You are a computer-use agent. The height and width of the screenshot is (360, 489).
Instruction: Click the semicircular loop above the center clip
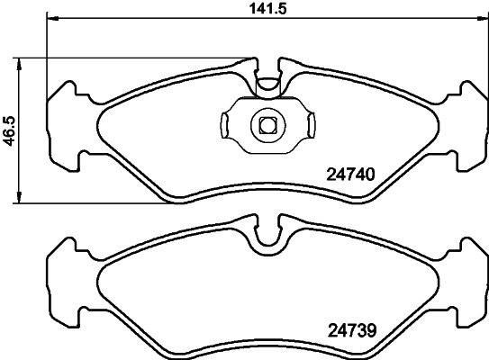(x=266, y=85)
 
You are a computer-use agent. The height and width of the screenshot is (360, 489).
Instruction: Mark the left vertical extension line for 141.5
(x=45, y=54)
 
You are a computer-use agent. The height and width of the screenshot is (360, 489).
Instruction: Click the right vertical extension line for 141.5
(x=485, y=54)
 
